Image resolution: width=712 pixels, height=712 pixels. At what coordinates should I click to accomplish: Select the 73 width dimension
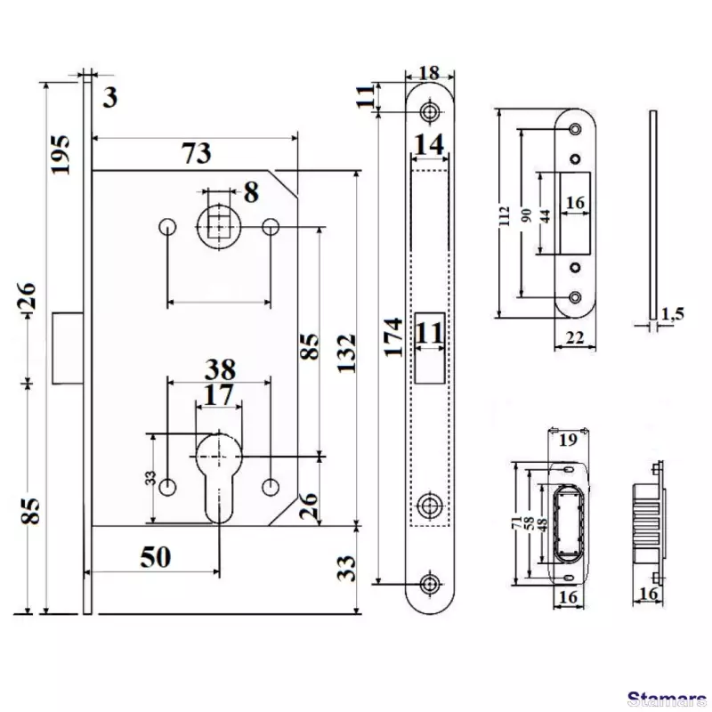point(197,153)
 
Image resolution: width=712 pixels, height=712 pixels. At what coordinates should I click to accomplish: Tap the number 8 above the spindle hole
point(251,191)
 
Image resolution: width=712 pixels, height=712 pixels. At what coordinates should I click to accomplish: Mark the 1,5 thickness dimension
point(673,312)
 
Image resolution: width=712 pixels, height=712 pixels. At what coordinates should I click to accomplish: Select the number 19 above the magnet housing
point(569,438)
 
